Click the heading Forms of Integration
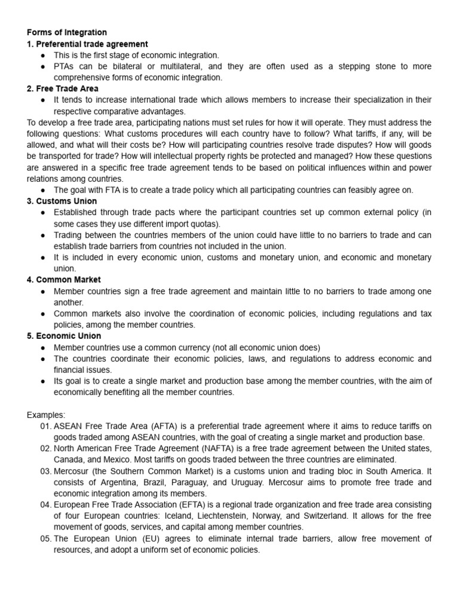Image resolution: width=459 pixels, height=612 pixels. coord(67,32)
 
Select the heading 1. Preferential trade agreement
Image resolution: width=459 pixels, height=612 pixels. coord(88,44)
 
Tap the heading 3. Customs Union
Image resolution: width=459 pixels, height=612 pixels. coord(62,201)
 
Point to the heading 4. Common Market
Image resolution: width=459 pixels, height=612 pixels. coord(64,280)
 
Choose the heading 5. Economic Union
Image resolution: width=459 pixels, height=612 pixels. coord(64,336)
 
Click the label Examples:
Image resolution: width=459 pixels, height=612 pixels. coord(46,414)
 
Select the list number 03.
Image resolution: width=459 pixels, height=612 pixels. coord(47,471)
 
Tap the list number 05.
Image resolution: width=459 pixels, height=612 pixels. coord(47,538)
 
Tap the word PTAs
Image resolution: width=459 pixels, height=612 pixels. coord(65,66)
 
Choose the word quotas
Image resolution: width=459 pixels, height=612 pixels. coord(204,224)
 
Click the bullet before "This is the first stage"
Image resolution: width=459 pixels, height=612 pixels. coord(44,55)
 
